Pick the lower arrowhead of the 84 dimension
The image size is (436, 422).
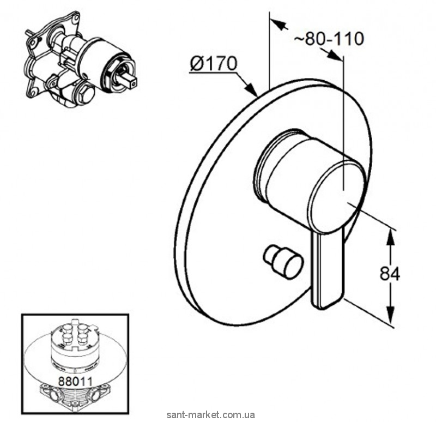tap(390, 318)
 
